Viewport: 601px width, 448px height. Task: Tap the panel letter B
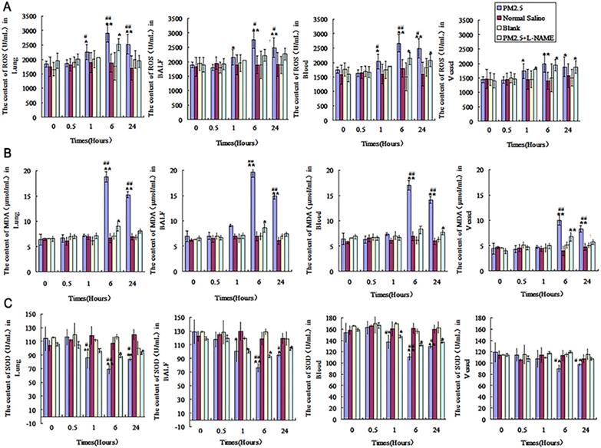pyautogui.click(x=5, y=155)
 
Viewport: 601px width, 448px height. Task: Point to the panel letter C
pyautogui.click(x=5, y=305)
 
